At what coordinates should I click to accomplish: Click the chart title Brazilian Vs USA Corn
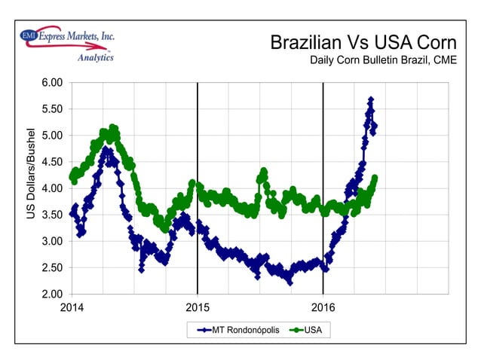(x=363, y=42)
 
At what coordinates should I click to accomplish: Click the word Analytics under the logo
(x=96, y=57)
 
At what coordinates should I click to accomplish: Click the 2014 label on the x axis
(x=72, y=307)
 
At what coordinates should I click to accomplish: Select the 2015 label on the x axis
(x=198, y=307)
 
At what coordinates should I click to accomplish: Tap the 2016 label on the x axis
(x=323, y=307)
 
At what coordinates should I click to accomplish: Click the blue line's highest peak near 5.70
(x=370, y=99)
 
